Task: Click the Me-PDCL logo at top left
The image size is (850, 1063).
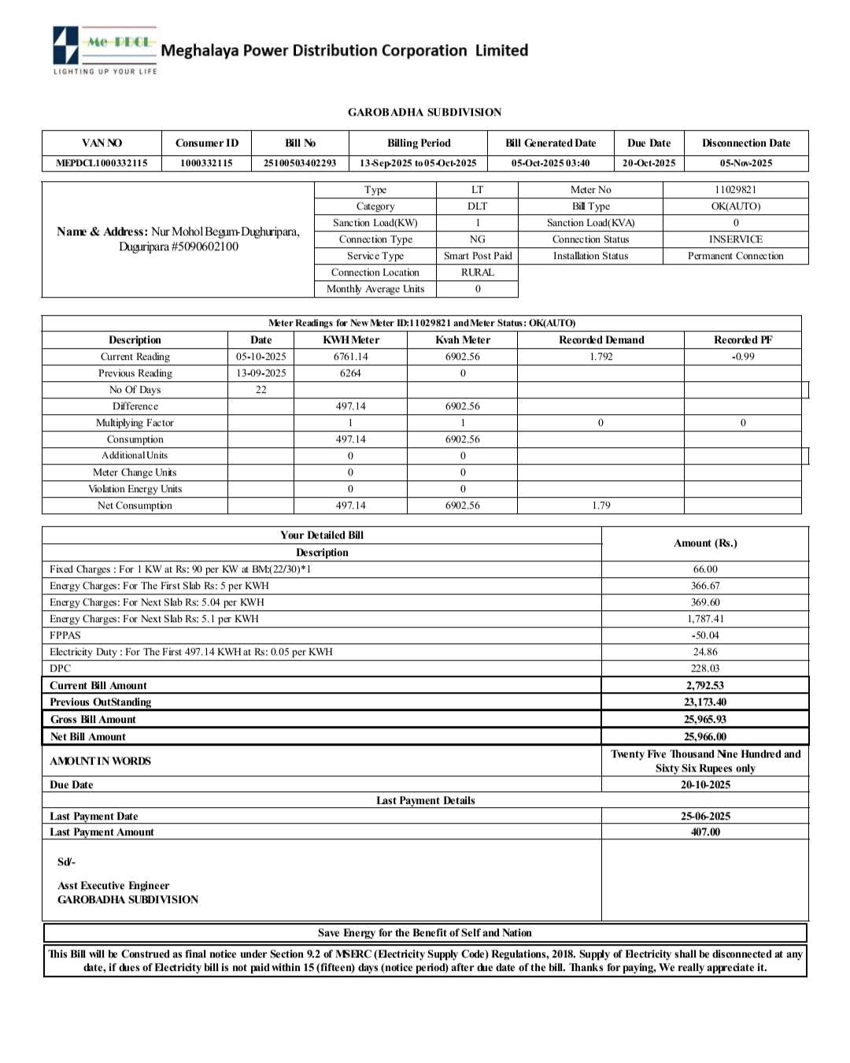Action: [105, 49]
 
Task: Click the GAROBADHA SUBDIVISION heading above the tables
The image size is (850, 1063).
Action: [424, 113]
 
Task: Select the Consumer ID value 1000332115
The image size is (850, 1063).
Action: [206, 163]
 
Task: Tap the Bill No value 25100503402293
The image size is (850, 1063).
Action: [300, 163]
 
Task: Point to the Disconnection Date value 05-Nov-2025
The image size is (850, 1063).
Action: [745, 163]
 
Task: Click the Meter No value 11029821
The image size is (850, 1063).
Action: [735, 190]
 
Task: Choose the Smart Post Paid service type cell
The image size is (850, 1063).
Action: [477, 256]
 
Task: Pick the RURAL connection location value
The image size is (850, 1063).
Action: [477, 272]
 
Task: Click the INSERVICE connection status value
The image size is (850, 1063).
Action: [735, 239]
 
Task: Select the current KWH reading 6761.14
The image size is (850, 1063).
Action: [350, 357]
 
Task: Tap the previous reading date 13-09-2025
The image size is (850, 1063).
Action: [261, 373]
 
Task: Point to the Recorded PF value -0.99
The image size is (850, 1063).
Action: [742, 357]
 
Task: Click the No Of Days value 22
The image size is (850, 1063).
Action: [261, 390]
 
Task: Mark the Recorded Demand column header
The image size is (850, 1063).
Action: [601, 340]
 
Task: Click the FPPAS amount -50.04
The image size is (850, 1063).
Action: [705, 635]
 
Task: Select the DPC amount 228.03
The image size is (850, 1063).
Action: [705, 669]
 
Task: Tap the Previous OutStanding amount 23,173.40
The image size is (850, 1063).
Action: [705, 702]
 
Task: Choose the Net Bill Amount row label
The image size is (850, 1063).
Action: [88, 737]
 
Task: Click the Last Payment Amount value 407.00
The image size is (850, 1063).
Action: [705, 832]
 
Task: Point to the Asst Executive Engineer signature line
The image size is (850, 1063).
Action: [113, 886]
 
